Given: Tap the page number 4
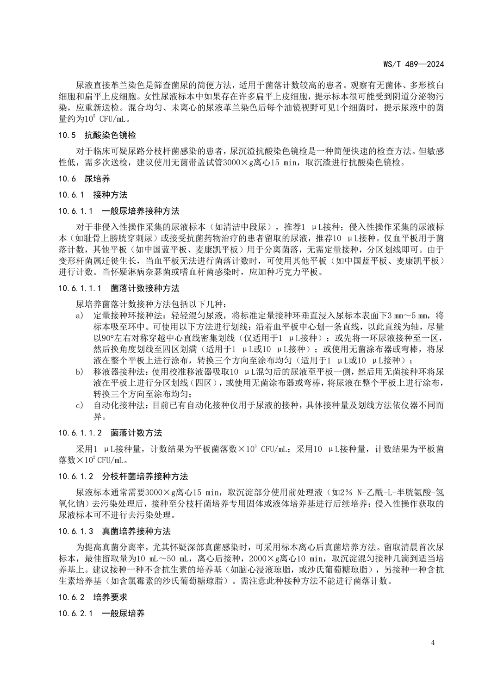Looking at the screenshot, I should click(432, 642).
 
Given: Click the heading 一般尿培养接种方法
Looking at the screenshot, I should click(140, 211).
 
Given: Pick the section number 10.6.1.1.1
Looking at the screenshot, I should click(80, 288).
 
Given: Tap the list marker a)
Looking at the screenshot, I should click(80, 316).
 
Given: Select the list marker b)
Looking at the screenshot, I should click(80, 372).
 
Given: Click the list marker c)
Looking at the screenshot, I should click(80, 405).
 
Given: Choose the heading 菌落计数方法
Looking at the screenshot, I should click(137, 433).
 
